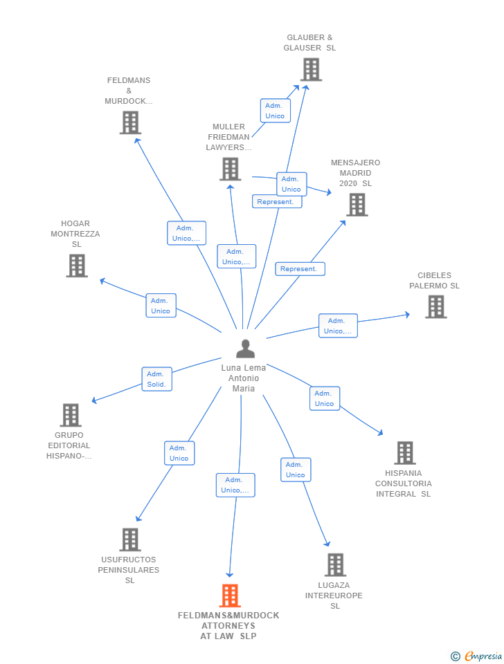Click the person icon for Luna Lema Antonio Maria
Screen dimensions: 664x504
tap(245, 349)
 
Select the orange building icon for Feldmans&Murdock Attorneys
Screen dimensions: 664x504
tap(230, 596)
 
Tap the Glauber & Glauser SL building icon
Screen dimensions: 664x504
tap(312, 69)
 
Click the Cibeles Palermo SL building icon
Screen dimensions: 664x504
tap(435, 306)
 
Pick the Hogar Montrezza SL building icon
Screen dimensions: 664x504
tap(77, 266)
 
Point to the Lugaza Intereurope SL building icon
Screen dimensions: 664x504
tap(335, 565)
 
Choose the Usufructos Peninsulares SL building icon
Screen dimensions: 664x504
tap(130, 539)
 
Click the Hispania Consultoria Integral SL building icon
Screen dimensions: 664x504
tap(405, 453)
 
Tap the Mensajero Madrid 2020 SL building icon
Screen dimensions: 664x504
tap(357, 205)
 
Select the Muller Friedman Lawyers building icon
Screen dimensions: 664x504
tap(230, 169)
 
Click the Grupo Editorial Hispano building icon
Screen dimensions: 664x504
tap(71, 415)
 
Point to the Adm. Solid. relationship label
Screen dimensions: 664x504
tap(156, 379)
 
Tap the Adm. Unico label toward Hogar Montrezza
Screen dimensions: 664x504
tap(161, 306)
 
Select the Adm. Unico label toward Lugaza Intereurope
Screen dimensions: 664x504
tap(296, 470)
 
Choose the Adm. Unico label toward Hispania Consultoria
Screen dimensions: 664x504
tap(324, 398)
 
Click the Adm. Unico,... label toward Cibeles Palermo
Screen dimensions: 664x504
tap(338, 326)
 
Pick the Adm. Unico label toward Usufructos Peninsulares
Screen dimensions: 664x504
tap(179, 453)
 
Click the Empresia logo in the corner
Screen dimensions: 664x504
tap(477, 656)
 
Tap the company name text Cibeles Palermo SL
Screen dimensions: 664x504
tap(434, 281)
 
